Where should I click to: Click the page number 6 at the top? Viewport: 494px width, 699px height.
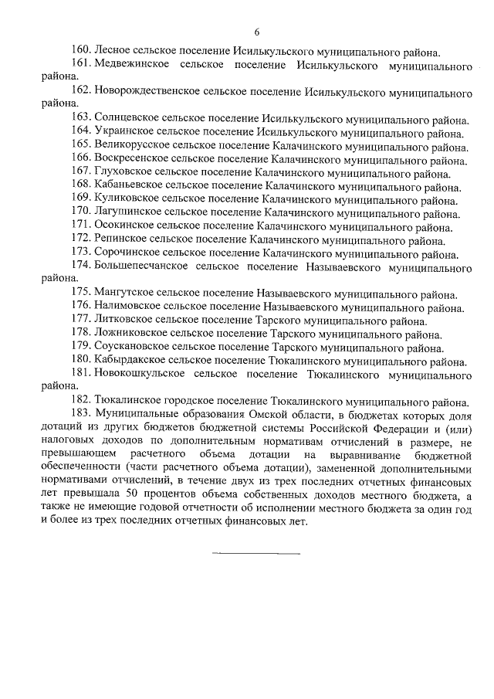(256, 32)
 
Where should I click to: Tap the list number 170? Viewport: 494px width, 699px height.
(80, 213)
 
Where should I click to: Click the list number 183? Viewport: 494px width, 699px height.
(80, 414)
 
